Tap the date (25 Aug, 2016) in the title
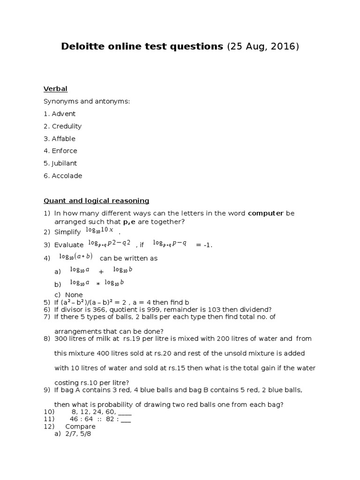click(262, 46)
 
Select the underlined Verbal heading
click(55, 89)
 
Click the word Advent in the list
click(63, 114)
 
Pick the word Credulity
click(67, 126)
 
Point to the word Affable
click(63, 139)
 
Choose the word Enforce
click(64, 151)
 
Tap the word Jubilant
click(64, 164)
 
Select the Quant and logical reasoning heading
click(96, 201)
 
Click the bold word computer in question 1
click(265, 213)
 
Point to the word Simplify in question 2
click(67, 232)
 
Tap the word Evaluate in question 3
click(69, 245)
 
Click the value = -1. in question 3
click(204, 245)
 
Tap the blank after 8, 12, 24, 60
click(125, 412)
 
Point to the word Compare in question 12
click(80, 427)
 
